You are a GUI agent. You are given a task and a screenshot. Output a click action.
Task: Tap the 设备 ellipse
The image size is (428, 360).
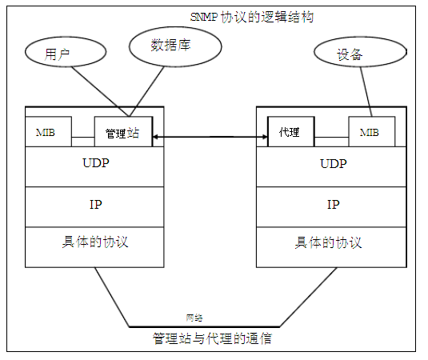pyautogui.click(x=350, y=54)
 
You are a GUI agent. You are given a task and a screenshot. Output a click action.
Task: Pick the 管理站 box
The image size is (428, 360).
pyautogui.click(x=122, y=133)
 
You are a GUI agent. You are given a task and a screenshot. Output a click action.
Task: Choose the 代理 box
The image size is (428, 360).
pyautogui.click(x=290, y=132)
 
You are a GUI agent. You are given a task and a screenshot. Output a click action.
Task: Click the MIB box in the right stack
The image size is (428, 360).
pyautogui.click(x=371, y=132)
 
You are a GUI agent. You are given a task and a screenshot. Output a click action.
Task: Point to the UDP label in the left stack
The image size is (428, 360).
pyautogui.click(x=95, y=163)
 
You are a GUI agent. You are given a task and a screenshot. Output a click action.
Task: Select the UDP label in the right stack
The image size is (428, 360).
pyautogui.click(x=333, y=163)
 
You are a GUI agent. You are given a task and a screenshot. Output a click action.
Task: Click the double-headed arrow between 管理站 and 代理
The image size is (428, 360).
pyautogui.click(x=209, y=138)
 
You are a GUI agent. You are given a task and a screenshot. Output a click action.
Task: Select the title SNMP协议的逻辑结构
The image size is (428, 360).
pyautogui.click(x=250, y=16)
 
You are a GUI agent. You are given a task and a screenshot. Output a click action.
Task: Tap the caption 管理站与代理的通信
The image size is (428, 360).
pyautogui.click(x=212, y=338)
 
